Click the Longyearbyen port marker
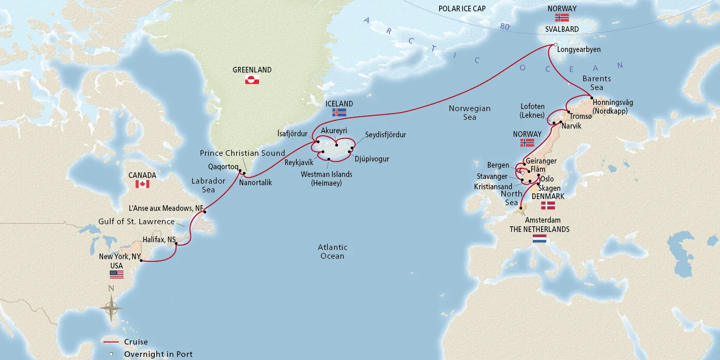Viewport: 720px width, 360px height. click(x=555, y=45)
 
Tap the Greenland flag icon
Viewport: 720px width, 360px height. click(x=252, y=80)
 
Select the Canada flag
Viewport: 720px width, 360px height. click(x=141, y=184)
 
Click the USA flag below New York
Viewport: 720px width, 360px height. click(x=117, y=275)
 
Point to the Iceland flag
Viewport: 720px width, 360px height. click(x=339, y=113)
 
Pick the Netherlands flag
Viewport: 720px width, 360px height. click(x=539, y=239)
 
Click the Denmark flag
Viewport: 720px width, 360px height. click(x=548, y=206)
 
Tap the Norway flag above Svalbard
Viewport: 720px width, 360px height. click(x=562, y=18)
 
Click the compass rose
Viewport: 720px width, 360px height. click(x=111, y=308)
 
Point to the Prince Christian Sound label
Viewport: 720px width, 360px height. click(x=242, y=153)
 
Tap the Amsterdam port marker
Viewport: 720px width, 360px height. click(x=520, y=208)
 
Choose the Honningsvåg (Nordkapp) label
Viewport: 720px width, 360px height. click(x=613, y=106)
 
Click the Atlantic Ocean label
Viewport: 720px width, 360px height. click(x=332, y=251)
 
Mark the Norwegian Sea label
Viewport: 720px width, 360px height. click(x=470, y=113)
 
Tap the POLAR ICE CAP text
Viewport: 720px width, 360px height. click(x=462, y=9)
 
